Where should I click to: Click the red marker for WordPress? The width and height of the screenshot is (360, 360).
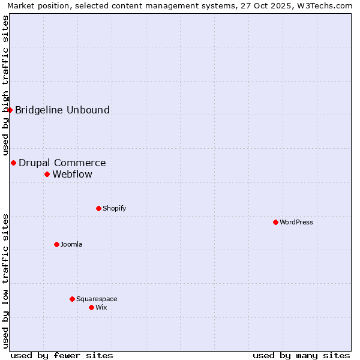click(x=275, y=222)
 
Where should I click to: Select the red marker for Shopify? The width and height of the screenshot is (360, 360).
click(x=98, y=208)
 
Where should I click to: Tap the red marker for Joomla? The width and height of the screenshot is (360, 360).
click(x=56, y=244)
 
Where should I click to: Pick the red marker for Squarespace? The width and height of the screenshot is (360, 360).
click(x=72, y=299)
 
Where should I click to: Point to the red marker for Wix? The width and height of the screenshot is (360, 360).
click(x=91, y=307)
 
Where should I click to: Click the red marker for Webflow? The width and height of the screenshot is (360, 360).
click(x=47, y=174)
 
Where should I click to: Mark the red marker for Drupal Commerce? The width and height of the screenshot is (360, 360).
click(x=13, y=163)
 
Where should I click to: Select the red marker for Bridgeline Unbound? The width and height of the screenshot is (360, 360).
click(x=10, y=110)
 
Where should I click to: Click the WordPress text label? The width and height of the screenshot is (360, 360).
click(x=296, y=222)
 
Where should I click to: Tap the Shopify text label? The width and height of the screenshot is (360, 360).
click(x=114, y=208)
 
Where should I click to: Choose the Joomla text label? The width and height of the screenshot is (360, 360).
click(x=71, y=244)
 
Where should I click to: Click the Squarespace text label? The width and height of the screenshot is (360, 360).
click(x=97, y=299)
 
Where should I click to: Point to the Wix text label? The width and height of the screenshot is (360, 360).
click(x=101, y=307)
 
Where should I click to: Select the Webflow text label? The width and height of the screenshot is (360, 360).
click(x=73, y=174)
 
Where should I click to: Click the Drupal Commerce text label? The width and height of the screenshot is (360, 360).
click(x=62, y=163)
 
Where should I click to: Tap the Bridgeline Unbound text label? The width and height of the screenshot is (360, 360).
click(x=62, y=110)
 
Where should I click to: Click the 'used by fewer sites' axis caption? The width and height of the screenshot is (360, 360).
click(x=62, y=355)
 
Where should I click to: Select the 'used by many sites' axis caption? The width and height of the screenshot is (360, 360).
click(x=301, y=355)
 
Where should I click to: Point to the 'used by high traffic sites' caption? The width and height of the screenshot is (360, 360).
click(x=6, y=86)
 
